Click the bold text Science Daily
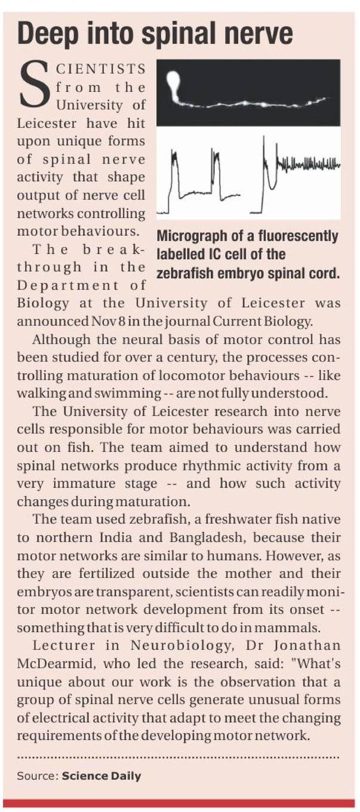coord(101,776)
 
